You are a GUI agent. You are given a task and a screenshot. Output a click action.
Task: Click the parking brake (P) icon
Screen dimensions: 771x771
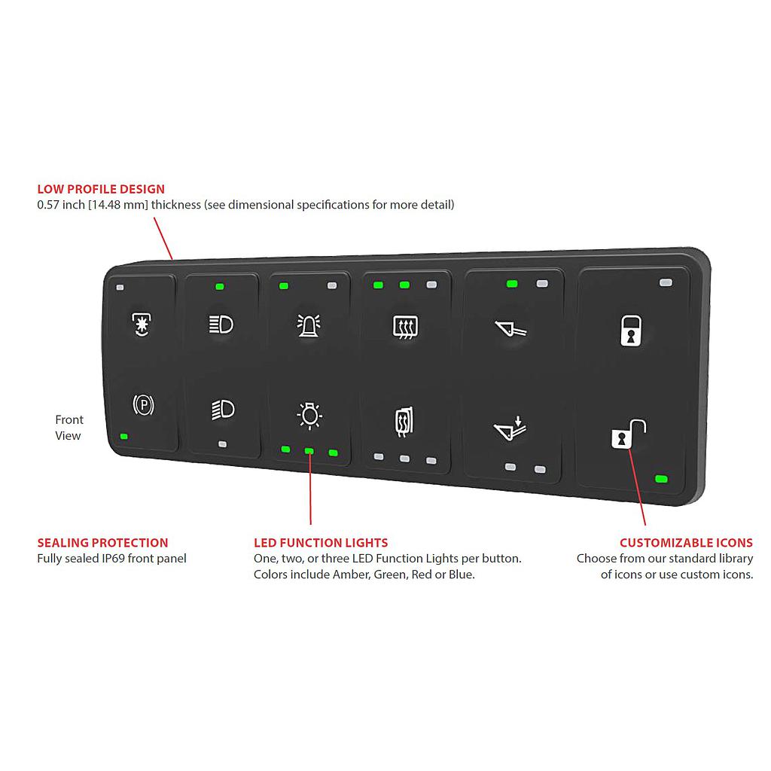click(143, 406)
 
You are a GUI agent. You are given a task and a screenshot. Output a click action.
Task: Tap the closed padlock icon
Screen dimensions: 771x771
click(630, 330)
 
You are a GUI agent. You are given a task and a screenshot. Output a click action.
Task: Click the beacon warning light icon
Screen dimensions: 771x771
click(309, 325)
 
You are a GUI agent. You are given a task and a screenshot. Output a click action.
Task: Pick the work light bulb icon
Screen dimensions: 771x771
click(309, 414)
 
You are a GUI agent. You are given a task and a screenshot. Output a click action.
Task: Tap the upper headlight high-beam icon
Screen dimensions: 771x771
click(221, 325)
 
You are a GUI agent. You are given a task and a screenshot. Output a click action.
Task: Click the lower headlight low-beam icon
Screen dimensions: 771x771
click(223, 409)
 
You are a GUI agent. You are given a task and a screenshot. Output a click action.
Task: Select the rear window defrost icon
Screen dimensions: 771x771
click(405, 327)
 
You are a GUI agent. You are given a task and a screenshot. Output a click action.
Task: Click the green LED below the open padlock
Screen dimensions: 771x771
click(662, 479)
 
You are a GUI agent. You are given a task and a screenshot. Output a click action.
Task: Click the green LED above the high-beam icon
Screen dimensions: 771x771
click(219, 286)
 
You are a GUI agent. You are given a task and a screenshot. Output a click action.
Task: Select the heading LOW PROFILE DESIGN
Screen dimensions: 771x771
click(101, 189)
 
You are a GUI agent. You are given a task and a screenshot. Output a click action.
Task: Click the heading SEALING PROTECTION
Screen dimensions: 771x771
click(102, 542)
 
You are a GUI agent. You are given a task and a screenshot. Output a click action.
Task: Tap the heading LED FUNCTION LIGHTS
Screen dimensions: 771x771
click(321, 542)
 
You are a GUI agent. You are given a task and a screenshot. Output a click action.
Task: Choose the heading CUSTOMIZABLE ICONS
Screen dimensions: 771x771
click(686, 542)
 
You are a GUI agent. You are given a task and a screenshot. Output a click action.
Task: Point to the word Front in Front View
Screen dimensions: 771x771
click(69, 419)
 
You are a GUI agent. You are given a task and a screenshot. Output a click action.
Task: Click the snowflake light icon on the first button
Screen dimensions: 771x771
click(140, 324)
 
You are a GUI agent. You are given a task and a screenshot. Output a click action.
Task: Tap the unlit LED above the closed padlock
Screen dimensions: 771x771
click(665, 282)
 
